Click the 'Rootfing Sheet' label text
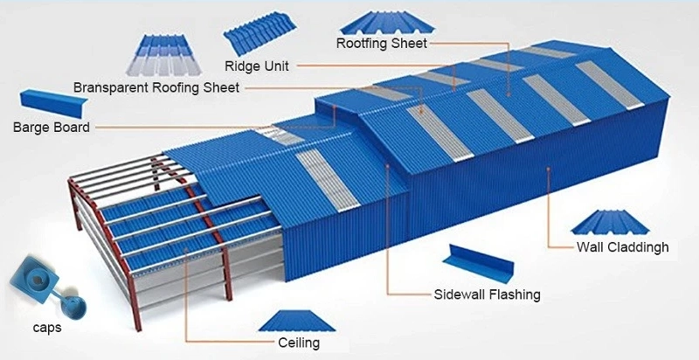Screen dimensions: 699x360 click(382, 44)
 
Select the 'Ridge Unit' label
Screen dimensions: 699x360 click(257, 66)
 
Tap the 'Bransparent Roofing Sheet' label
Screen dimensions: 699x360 click(156, 87)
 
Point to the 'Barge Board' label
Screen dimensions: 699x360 click(52, 128)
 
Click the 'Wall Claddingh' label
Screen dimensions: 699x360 click(623, 246)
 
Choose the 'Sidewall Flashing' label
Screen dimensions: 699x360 click(488, 294)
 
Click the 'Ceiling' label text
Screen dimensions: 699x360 click(299, 343)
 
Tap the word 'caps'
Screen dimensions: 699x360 click(47, 328)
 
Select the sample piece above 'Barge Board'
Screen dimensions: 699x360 click(54, 103)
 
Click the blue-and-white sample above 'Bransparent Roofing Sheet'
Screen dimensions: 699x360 click(163, 55)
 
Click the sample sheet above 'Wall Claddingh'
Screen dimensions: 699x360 click(610, 222)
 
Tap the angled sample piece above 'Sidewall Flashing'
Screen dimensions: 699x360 click(479, 264)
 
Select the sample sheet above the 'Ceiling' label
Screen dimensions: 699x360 click(296, 322)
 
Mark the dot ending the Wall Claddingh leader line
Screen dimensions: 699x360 click(548, 169)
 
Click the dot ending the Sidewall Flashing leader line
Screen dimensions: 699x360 click(388, 166)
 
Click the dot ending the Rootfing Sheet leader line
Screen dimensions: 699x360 click(509, 94)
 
